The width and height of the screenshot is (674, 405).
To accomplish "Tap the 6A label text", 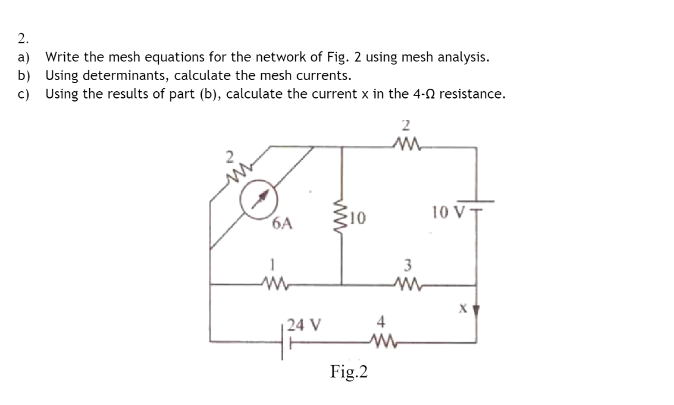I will [x=282, y=225].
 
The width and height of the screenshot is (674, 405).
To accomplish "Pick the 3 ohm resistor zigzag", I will [x=405, y=284].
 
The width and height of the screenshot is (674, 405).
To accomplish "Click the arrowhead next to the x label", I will [x=475, y=310].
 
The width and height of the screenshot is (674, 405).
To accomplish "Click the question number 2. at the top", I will [x=23, y=39].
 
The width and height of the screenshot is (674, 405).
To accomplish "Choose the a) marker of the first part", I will [x=24, y=58].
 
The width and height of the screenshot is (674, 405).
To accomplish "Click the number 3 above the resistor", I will [x=405, y=267].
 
